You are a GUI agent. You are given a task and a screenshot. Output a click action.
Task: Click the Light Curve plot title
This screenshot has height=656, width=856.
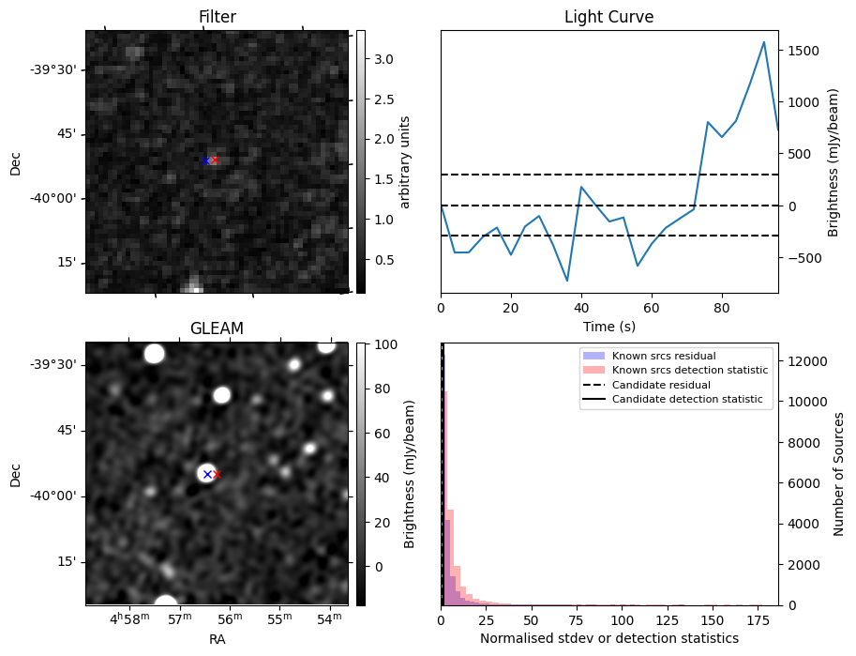[x=608, y=17]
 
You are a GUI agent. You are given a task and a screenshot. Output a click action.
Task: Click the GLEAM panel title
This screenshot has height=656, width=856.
[x=217, y=328]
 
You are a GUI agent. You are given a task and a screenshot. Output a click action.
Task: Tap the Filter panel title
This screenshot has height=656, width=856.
[x=217, y=17]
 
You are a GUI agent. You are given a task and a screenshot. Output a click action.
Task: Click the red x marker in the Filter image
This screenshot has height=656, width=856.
[x=215, y=160]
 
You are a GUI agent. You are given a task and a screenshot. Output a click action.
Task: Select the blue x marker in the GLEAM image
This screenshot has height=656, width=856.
[x=207, y=474]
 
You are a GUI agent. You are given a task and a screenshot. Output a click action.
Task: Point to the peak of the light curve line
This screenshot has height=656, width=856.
[x=764, y=42]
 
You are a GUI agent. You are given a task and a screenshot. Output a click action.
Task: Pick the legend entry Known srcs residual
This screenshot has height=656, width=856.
[x=664, y=356]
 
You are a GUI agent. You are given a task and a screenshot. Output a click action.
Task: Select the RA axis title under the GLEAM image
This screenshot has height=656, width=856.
[x=217, y=639]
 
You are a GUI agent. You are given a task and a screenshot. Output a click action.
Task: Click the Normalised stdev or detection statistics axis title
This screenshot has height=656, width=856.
[x=608, y=638]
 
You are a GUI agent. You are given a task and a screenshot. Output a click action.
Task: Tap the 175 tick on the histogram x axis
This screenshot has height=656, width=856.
[x=758, y=620]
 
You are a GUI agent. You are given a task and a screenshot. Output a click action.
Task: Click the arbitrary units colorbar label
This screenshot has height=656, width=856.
[x=406, y=161]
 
